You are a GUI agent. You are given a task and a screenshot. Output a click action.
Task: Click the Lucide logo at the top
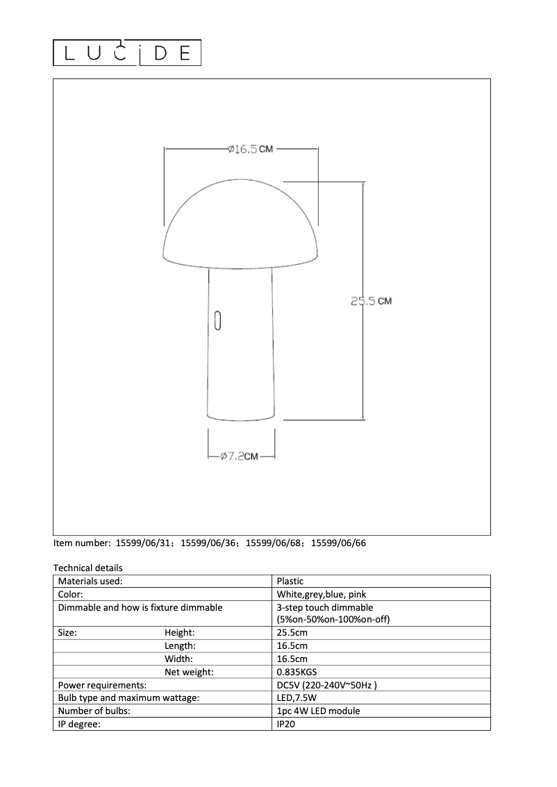tap(127, 53)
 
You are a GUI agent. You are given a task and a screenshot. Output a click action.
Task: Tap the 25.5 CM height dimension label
tap(371, 301)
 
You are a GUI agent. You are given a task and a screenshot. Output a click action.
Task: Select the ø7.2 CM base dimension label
tap(239, 457)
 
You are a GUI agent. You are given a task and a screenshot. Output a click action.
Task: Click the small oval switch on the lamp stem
tap(217, 320)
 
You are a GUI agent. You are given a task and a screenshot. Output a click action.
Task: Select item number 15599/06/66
tap(338, 543)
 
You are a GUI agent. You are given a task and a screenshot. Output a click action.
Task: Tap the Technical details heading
tap(88, 568)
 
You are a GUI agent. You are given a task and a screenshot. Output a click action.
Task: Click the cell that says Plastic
tap(290, 582)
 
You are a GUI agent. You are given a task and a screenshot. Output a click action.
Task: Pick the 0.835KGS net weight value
tap(297, 672)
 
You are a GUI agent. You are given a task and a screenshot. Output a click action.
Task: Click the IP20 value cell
tap(286, 724)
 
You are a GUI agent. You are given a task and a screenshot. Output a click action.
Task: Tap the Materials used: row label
tap(90, 582)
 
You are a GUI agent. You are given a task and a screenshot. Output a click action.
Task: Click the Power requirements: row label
tap(102, 685)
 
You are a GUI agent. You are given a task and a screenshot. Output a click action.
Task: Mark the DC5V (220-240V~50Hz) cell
tap(326, 685)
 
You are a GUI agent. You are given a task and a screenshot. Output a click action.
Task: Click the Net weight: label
tap(189, 672)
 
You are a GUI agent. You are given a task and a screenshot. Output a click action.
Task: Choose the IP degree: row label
tap(79, 724)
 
